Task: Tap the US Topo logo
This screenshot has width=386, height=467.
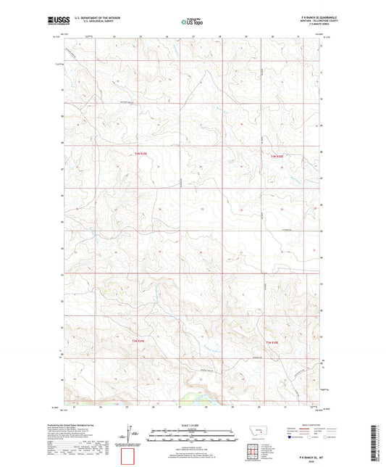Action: click(x=193, y=22)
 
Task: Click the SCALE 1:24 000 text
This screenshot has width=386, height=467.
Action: click(x=193, y=424)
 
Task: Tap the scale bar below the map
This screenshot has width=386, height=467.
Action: click(x=193, y=438)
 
